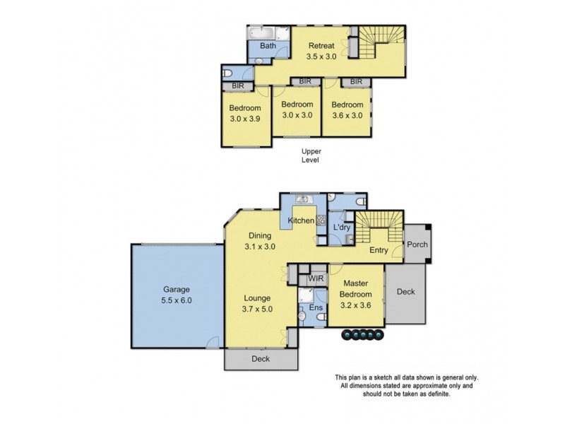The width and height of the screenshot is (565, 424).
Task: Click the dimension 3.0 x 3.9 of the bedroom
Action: click(244, 119)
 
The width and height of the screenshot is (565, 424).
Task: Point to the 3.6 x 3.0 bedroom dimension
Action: click(347, 115)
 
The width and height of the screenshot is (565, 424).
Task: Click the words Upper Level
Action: click(311, 155)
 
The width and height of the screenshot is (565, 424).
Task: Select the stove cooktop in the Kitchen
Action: click(319, 220)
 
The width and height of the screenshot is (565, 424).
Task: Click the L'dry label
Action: click(341, 227)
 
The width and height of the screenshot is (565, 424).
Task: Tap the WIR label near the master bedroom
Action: click(316, 278)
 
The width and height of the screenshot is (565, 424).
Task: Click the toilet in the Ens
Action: click(320, 318)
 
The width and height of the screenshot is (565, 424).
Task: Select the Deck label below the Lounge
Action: click(261, 359)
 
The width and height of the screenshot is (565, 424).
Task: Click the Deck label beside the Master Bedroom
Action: click(405, 290)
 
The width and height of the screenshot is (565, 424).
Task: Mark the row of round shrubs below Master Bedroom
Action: click(362, 334)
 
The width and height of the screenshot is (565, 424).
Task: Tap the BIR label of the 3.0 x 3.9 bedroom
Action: click(231, 86)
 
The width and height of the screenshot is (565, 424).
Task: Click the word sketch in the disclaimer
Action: click(392, 377)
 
